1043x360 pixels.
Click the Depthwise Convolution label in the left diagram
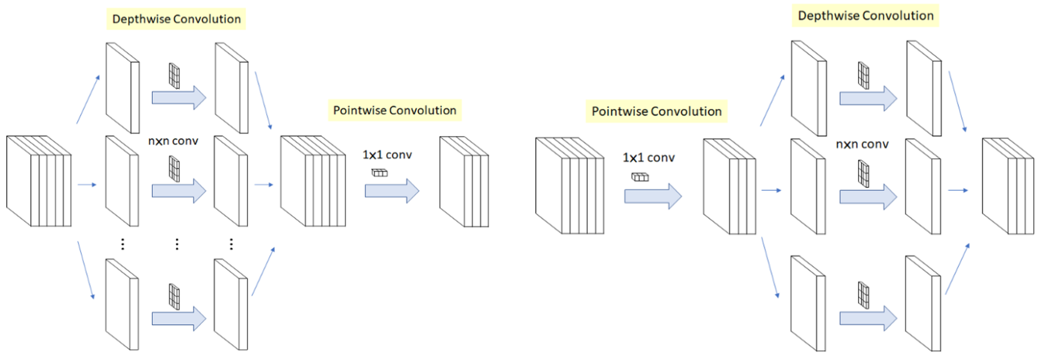[x=176, y=19]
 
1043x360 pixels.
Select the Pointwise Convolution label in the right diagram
[x=656, y=111]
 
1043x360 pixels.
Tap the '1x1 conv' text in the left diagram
[x=387, y=155]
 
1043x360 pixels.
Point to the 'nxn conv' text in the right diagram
[x=862, y=144]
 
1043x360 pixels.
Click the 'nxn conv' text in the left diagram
[x=173, y=141]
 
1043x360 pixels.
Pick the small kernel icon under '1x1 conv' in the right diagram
[x=640, y=177]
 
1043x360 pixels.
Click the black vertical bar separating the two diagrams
[x=515, y=180]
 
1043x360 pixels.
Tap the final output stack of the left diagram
[x=464, y=181]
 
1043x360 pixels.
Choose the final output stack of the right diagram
[x=1008, y=186]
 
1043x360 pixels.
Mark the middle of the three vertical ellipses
[x=177, y=244]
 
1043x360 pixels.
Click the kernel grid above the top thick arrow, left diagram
[x=174, y=75]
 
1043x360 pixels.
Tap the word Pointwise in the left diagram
[x=358, y=110]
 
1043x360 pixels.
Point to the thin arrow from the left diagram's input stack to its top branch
[x=88, y=99]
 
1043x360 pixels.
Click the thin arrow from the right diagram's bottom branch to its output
[x=957, y=268]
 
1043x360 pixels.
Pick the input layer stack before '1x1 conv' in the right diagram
[x=569, y=186]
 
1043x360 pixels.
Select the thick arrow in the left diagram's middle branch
[x=179, y=191]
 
